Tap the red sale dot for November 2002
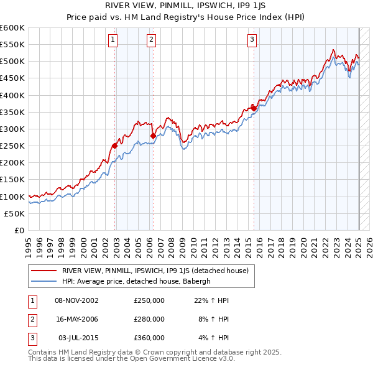tap(114, 146)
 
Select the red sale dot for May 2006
tap(153, 136)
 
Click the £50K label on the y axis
tap(15, 213)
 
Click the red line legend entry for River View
tap(155, 271)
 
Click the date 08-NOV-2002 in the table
tap(77, 300)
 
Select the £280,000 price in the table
tap(149, 319)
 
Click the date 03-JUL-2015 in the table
tap(78, 338)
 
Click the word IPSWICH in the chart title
tap(211, 6)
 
